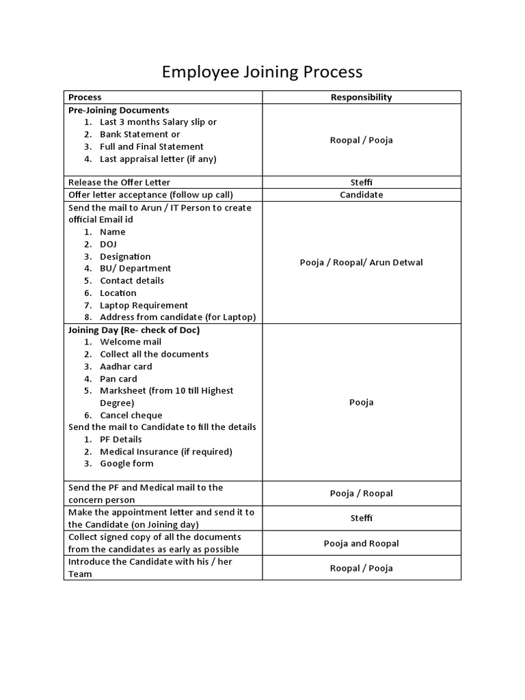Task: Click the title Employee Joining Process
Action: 262,72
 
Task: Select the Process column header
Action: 85,97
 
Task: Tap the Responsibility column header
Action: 361,97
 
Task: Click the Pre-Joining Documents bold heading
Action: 119,110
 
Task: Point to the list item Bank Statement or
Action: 139,134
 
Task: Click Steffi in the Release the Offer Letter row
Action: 361,183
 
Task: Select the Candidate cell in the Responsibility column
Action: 361,195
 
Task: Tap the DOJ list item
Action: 108,244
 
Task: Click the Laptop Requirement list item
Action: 144,305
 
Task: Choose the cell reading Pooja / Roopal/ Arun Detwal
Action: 361,262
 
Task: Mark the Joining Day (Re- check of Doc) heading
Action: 134,329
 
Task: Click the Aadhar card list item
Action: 126,366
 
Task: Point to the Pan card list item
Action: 118,379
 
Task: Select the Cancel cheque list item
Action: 131,415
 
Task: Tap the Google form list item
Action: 126,463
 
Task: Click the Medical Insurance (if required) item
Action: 165,451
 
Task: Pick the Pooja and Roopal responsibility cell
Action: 361,543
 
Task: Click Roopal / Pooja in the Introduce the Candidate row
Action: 361,568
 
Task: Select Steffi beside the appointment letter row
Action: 361,518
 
